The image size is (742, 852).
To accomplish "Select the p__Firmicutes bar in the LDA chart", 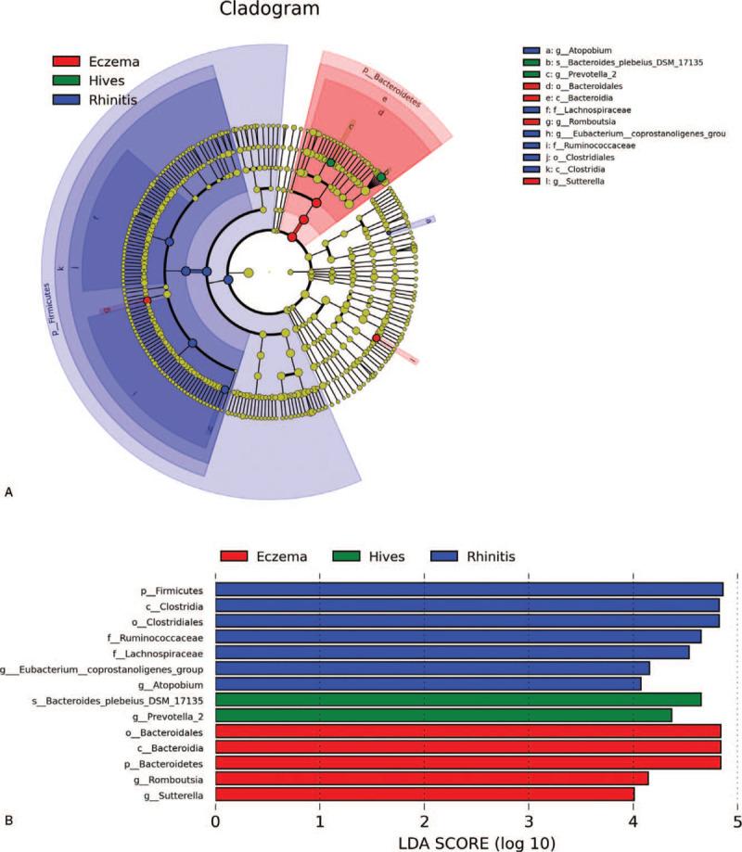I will pos(468,589).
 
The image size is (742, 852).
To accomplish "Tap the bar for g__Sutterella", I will pos(424,794).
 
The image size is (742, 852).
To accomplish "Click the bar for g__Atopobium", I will pos(428,683).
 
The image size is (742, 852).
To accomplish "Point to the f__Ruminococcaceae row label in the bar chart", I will pos(160,637).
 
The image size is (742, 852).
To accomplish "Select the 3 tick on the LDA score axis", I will pos(529,820).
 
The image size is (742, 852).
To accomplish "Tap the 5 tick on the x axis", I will pos(736,820).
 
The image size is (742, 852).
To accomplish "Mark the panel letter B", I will pos(8,820).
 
